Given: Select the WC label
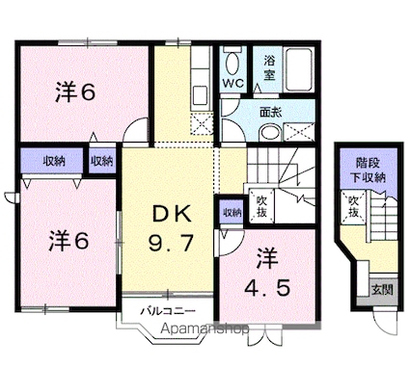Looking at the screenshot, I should point(233,84).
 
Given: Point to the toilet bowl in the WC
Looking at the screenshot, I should point(232,64).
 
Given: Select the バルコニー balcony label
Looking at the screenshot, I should point(170,312).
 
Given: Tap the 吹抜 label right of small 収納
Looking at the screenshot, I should point(261,206).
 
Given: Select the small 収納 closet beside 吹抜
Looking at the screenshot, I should point(232,212).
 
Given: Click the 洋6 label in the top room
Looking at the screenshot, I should point(73,93).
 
